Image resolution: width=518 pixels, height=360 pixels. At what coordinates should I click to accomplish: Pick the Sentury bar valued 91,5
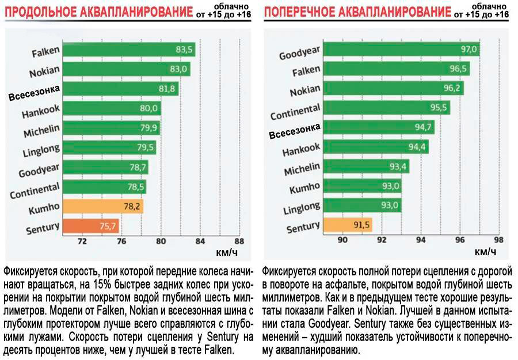coord(348,225)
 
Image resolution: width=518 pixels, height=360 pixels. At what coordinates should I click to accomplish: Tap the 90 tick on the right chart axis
coord(343,240)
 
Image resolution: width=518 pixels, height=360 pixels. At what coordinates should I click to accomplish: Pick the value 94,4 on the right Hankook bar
coord(418,147)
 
